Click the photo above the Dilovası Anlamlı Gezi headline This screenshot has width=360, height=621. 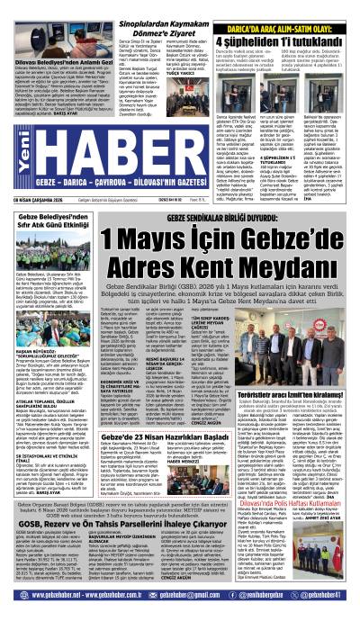point(54,44)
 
